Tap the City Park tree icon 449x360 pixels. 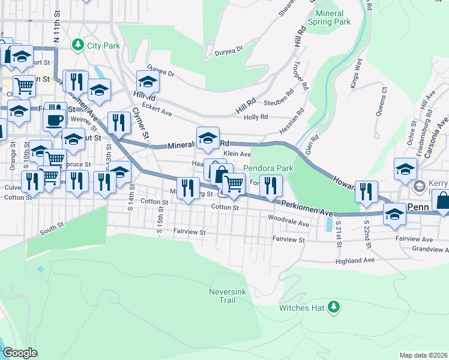(77, 45)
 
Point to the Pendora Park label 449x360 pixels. (268, 169)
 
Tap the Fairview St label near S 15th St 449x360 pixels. (190, 232)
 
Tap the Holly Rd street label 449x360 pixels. (255, 118)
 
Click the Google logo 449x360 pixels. (20, 352)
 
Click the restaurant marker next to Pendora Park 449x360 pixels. (270, 186)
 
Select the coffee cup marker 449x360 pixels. (54, 119)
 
